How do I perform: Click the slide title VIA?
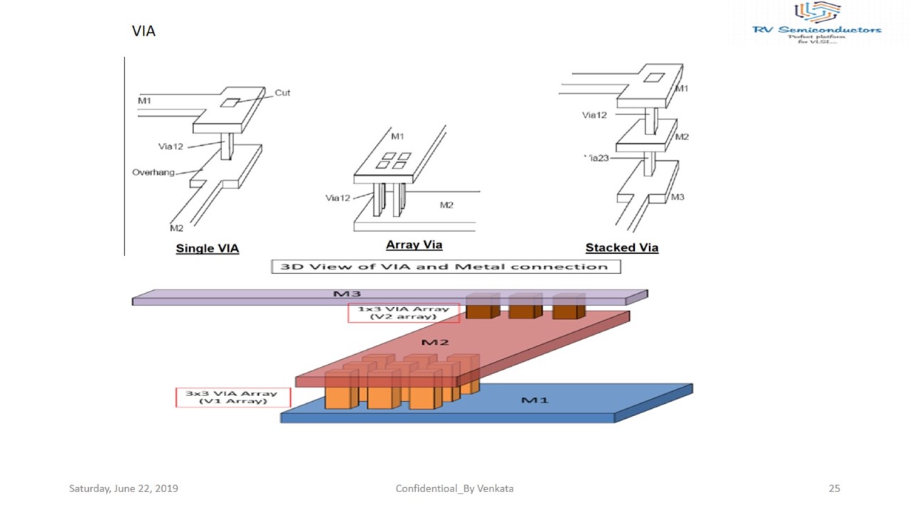(x=144, y=31)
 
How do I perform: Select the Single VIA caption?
(x=207, y=249)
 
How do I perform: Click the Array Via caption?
(x=414, y=245)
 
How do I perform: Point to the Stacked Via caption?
(x=621, y=248)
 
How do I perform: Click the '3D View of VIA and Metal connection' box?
(x=446, y=267)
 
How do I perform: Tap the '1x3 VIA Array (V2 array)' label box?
(x=403, y=313)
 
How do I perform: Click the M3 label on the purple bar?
(x=348, y=294)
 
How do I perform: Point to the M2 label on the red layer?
(x=435, y=343)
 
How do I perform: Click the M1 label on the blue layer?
(x=535, y=400)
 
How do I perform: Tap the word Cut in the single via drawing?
(x=282, y=92)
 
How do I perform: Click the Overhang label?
(x=153, y=172)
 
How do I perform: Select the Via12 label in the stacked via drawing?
(x=594, y=114)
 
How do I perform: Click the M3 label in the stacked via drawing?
(x=678, y=197)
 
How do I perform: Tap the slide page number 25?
(x=834, y=489)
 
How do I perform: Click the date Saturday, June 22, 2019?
(x=124, y=489)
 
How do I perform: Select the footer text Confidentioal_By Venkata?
(x=454, y=489)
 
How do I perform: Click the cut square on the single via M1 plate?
(x=230, y=103)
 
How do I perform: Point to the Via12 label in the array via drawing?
(x=338, y=198)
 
